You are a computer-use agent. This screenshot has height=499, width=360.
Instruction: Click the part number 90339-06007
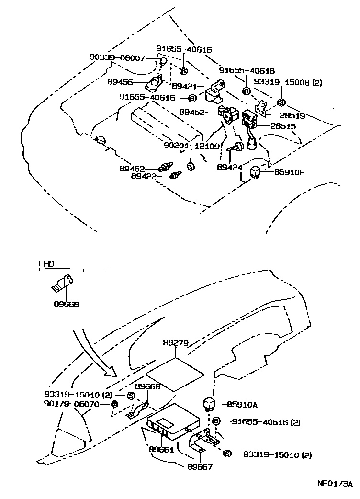[117, 57]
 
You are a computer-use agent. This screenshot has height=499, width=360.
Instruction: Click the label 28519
[283, 115]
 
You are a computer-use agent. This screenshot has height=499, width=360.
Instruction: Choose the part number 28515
[283, 126]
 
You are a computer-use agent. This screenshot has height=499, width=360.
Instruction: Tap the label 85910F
[289, 172]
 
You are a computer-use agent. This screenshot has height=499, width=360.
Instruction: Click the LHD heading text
[46, 263]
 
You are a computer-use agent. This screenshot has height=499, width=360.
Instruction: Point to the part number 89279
[175, 343]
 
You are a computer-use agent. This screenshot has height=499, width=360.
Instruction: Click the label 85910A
[242, 405]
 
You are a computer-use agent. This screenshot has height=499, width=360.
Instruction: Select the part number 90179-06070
[71, 404]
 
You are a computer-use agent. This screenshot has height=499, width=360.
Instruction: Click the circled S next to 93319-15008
[281, 102]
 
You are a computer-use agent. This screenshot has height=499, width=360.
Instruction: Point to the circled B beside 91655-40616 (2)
[216, 421]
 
